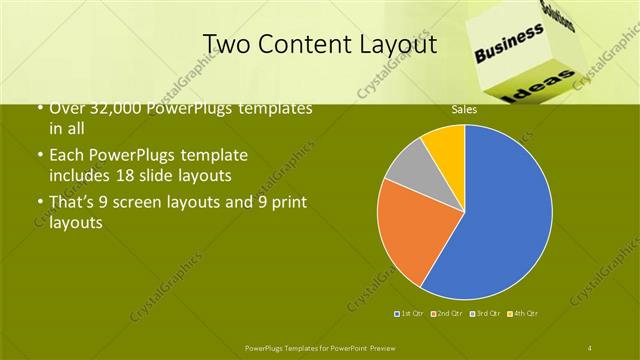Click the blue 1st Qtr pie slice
click(x=505, y=220)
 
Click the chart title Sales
click(x=463, y=109)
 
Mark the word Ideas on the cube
click(x=547, y=88)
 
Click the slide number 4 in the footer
click(x=590, y=347)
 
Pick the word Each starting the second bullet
click(x=67, y=156)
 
